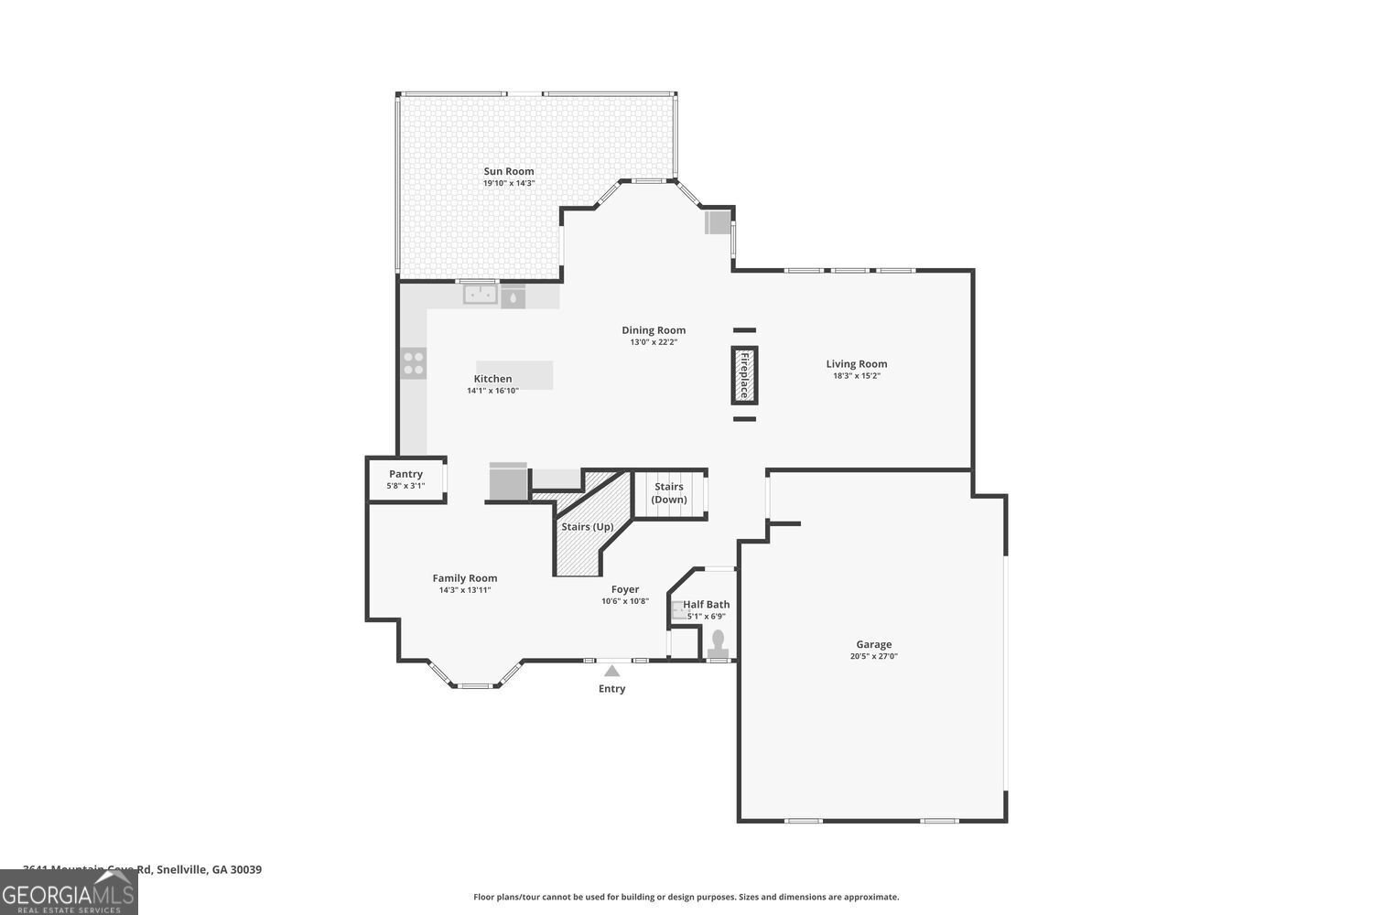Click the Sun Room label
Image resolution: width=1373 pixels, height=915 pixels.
pyautogui.click(x=509, y=171)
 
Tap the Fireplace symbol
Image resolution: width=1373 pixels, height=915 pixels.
pyautogui.click(x=744, y=375)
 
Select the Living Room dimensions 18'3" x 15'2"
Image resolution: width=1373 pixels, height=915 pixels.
pyautogui.click(x=856, y=376)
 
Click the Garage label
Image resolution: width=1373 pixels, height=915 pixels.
pyautogui.click(x=873, y=644)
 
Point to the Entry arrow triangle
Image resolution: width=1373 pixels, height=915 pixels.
pyautogui.click(x=611, y=671)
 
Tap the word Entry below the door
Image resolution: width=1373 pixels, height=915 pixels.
pyautogui.click(x=611, y=689)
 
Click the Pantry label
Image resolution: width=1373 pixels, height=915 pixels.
pyautogui.click(x=405, y=474)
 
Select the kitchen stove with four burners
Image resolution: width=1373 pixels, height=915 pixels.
pyautogui.click(x=414, y=363)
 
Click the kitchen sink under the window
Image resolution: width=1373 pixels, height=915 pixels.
pyautogui.click(x=480, y=295)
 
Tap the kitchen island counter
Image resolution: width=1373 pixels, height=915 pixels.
pyautogui.click(x=514, y=375)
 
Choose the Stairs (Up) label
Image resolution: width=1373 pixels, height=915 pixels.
pyautogui.click(x=587, y=527)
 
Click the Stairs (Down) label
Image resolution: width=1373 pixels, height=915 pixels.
pyautogui.click(x=669, y=493)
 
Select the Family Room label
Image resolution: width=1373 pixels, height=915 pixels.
pyautogui.click(x=465, y=578)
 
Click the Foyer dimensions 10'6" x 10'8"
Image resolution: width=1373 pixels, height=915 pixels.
pyautogui.click(x=625, y=601)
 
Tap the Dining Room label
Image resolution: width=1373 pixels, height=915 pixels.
pyautogui.click(x=654, y=330)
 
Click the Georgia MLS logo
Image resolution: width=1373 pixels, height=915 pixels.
pyautogui.click(x=69, y=892)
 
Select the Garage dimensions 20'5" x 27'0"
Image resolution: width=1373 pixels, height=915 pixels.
pyautogui.click(x=873, y=656)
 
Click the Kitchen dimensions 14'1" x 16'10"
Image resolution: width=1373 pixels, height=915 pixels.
pyautogui.click(x=492, y=391)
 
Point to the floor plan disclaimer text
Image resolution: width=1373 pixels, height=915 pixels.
pyautogui.click(x=686, y=897)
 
